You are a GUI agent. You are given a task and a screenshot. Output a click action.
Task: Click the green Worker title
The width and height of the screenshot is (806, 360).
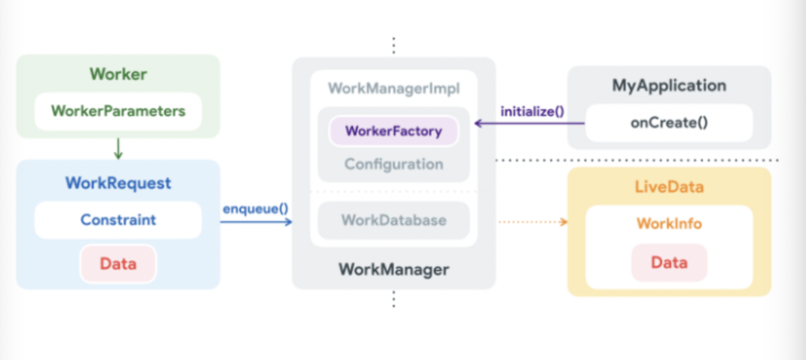[x=118, y=74]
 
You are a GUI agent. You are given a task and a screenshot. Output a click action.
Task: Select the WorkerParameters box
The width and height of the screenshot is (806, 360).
[x=118, y=111]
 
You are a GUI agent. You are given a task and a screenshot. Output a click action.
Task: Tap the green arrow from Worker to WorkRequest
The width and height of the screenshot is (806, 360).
[x=118, y=148]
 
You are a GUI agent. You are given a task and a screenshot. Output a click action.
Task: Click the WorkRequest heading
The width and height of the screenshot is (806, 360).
[x=118, y=183]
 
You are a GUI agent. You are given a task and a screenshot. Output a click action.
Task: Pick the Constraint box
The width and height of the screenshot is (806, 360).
[x=118, y=220]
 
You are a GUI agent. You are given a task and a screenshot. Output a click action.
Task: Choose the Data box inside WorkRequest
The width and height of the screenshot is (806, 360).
[x=118, y=264]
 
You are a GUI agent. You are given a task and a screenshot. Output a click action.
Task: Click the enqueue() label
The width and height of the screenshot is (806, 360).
[x=255, y=208]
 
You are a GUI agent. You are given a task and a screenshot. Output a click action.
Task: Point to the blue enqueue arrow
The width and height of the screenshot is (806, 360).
[x=256, y=222]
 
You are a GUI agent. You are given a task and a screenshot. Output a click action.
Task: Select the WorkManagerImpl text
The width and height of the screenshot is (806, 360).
[x=393, y=88]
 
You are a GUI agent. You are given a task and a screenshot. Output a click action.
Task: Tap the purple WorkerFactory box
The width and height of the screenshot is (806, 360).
[x=393, y=131]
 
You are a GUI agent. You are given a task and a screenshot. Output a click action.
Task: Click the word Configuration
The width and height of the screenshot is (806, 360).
[x=393, y=164]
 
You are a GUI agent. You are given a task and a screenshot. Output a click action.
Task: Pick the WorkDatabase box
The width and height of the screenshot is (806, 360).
[x=393, y=220]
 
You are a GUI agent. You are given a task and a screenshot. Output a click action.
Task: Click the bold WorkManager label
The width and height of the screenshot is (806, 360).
[x=393, y=269]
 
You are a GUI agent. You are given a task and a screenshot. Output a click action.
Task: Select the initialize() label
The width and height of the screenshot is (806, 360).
[x=532, y=111]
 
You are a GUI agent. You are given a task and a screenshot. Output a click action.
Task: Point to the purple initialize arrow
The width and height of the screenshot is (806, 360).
[x=529, y=123]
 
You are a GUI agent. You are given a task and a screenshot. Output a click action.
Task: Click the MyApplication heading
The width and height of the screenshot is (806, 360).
[x=669, y=85]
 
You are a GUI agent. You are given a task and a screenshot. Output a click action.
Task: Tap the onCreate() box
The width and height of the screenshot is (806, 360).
[x=669, y=123]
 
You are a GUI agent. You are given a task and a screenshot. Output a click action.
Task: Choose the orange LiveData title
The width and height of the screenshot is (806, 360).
[x=669, y=187]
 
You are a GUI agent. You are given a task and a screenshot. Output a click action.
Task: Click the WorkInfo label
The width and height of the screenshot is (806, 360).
[x=669, y=223]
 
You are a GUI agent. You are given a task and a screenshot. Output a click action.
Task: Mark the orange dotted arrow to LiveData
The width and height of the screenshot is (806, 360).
[x=532, y=222]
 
